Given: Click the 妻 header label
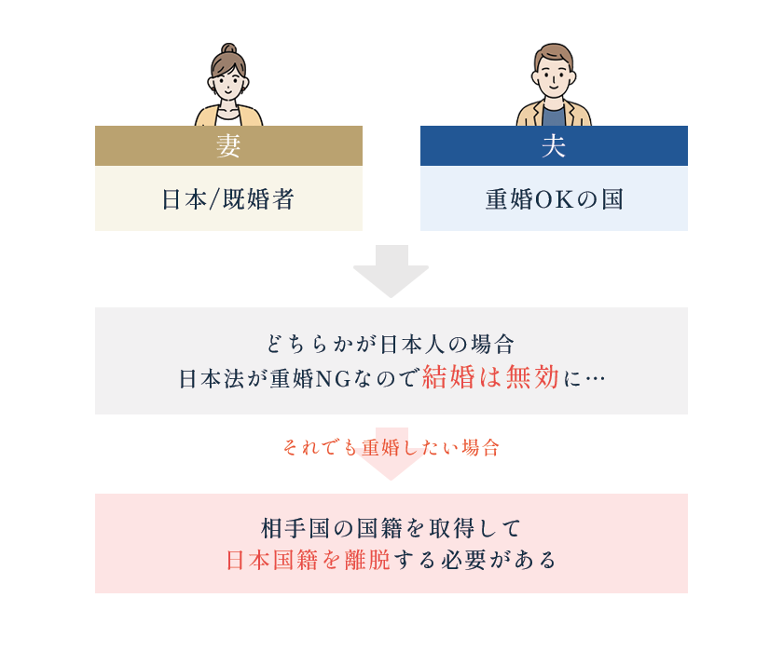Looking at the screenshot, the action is [x=228, y=146].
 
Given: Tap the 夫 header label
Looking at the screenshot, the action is [x=554, y=146].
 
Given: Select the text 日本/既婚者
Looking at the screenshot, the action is [x=228, y=199].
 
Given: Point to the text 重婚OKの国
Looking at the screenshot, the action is [x=555, y=199].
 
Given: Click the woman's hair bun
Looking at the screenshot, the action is [x=228, y=48].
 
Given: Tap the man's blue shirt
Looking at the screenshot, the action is [x=554, y=116].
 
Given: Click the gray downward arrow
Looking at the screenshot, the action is [x=391, y=271].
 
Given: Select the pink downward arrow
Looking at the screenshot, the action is [x=391, y=454].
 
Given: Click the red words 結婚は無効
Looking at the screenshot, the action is [x=490, y=376].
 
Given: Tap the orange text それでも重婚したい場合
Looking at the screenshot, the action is [x=391, y=447].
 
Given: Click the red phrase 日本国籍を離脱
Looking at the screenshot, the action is [x=309, y=560].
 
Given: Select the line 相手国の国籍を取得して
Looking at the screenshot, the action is [x=391, y=528].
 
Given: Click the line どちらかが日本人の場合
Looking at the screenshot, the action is [x=391, y=345].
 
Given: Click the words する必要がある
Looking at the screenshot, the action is [x=474, y=560].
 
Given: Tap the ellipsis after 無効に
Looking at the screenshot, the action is [x=595, y=379].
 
